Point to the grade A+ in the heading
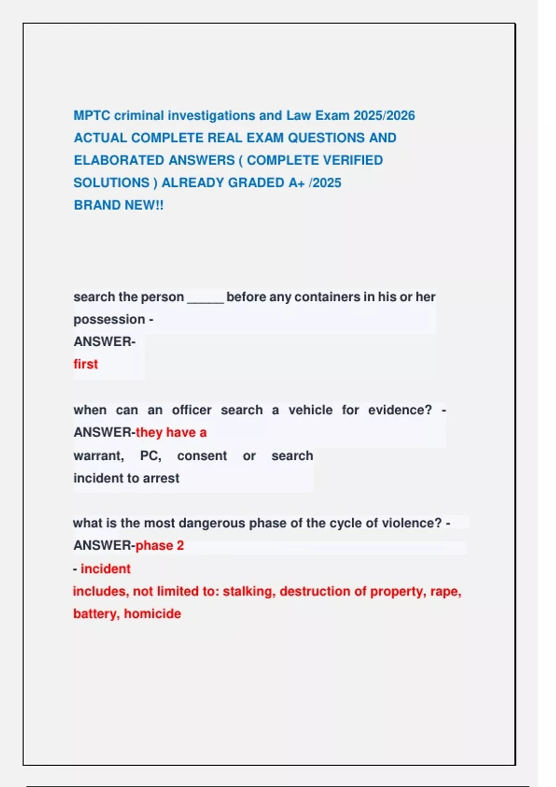point(297,183)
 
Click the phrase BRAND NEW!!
point(119,205)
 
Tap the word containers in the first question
point(327,297)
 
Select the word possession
point(109,319)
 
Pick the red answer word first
point(86,364)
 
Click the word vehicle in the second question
point(310,410)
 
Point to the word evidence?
point(400,410)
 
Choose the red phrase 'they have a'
point(171,432)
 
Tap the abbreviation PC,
point(151,456)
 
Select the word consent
point(202,456)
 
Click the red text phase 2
point(160,546)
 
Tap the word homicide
point(152,614)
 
